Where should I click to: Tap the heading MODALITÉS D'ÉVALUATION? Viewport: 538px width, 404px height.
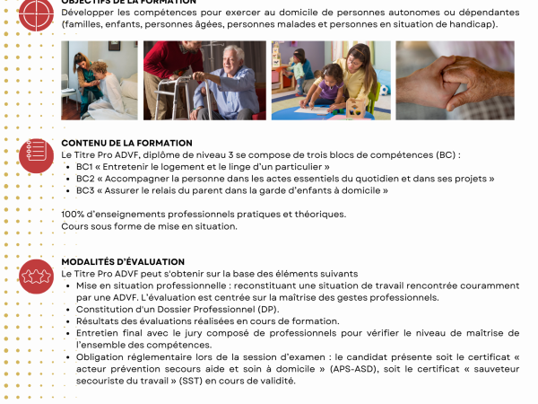(110, 261)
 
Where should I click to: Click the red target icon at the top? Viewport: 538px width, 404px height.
(36, 11)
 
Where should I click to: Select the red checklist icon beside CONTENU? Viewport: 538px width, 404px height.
(36, 154)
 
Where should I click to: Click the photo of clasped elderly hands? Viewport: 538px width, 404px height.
(455, 80)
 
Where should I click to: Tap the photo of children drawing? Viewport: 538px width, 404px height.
(331, 80)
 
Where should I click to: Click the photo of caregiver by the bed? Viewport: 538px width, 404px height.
(100, 80)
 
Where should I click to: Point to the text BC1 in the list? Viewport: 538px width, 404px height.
(85, 167)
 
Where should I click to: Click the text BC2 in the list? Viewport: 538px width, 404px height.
(85, 179)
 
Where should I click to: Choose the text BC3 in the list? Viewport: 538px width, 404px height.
(85, 190)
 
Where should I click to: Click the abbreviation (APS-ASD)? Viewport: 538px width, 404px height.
(403, 368)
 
